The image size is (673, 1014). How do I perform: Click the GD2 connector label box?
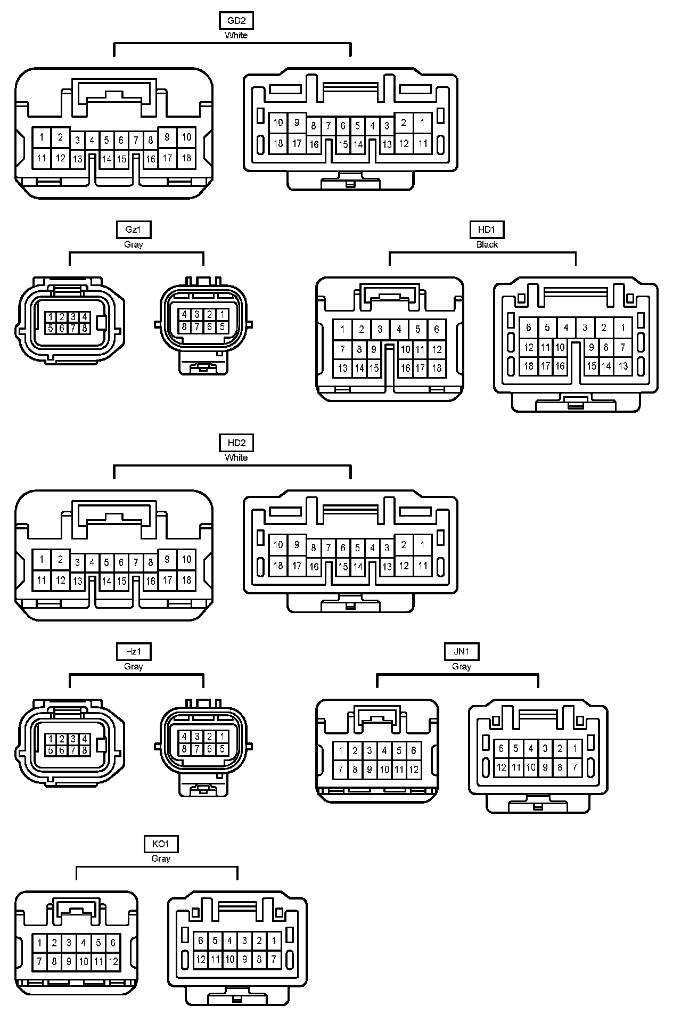(x=236, y=21)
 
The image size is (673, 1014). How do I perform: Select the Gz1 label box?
(x=133, y=230)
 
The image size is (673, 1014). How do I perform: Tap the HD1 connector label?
(x=487, y=230)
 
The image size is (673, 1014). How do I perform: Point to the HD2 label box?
(x=236, y=443)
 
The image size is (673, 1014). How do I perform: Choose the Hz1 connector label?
(x=133, y=651)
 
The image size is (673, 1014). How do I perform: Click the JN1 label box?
(x=461, y=651)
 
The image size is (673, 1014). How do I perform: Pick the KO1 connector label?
(x=160, y=844)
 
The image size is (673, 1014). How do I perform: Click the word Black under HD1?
(x=487, y=244)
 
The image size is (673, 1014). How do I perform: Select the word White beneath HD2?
(x=236, y=457)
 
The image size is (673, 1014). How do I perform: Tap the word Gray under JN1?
(x=461, y=666)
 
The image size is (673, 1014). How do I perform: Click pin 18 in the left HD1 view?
(x=437, y=367)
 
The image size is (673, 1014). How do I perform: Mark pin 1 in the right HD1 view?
(x=622, y=328)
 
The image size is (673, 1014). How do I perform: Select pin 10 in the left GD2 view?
(x=186, y=137)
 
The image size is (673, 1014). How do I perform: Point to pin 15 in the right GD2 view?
(x=343, y=144)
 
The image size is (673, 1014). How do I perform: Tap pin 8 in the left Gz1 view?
(x=84, y=329)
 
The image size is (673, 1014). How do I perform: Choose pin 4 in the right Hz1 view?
(x=184, y=737)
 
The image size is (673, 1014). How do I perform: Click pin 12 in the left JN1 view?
(x=414, y=769)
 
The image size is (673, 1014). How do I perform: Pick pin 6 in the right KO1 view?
(x=201, y=941)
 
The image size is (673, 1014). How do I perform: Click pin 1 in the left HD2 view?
(x=42, y=560)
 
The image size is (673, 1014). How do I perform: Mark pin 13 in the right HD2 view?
(x=387, y=567)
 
